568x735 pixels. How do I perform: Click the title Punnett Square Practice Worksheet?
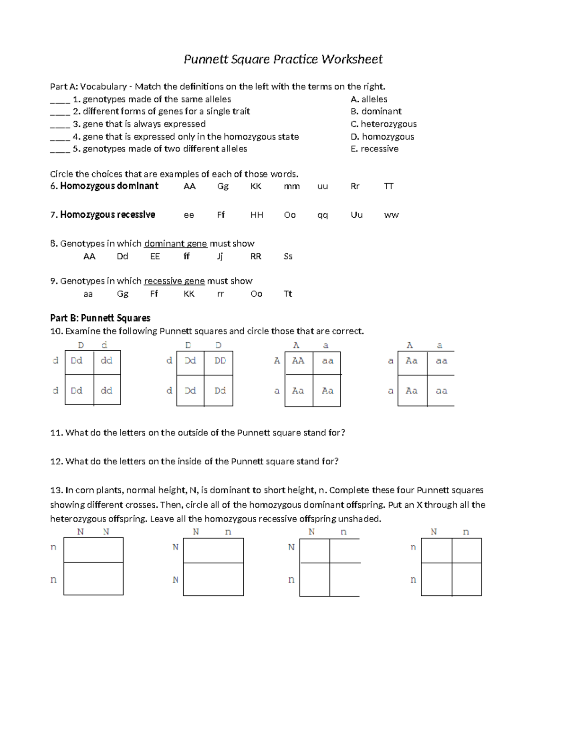tap(283, 59)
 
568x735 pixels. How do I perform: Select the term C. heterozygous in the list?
tap(383, 124)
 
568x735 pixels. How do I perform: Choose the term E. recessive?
tap(374, 149)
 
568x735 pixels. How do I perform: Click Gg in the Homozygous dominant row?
tap(222, 186)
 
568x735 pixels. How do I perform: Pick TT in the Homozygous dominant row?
tap(389, 186)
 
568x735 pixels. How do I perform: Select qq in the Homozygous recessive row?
tap(322, 215)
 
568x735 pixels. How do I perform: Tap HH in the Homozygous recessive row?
tap(257, 215)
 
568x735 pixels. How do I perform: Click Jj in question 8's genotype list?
tap(220, 257)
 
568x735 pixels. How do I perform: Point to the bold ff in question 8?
tap(186, 256)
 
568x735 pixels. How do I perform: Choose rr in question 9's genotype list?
tap(220, 294)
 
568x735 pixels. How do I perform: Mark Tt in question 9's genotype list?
tap(288, 294)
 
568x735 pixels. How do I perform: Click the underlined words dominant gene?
tap(175, 244)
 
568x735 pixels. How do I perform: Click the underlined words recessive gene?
tap(174, 281)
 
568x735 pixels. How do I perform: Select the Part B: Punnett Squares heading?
tap(100, 318)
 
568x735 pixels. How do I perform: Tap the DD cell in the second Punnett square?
tap(220, 361)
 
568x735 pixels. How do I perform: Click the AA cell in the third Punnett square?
tap(298, 361)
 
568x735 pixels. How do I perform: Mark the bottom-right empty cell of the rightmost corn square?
tap(466, 579)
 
